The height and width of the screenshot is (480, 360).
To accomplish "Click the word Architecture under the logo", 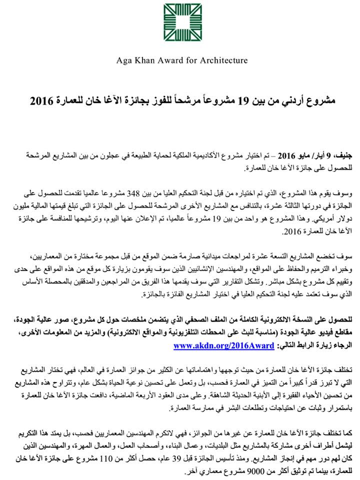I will pyautogui.click(x=221, y=60).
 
